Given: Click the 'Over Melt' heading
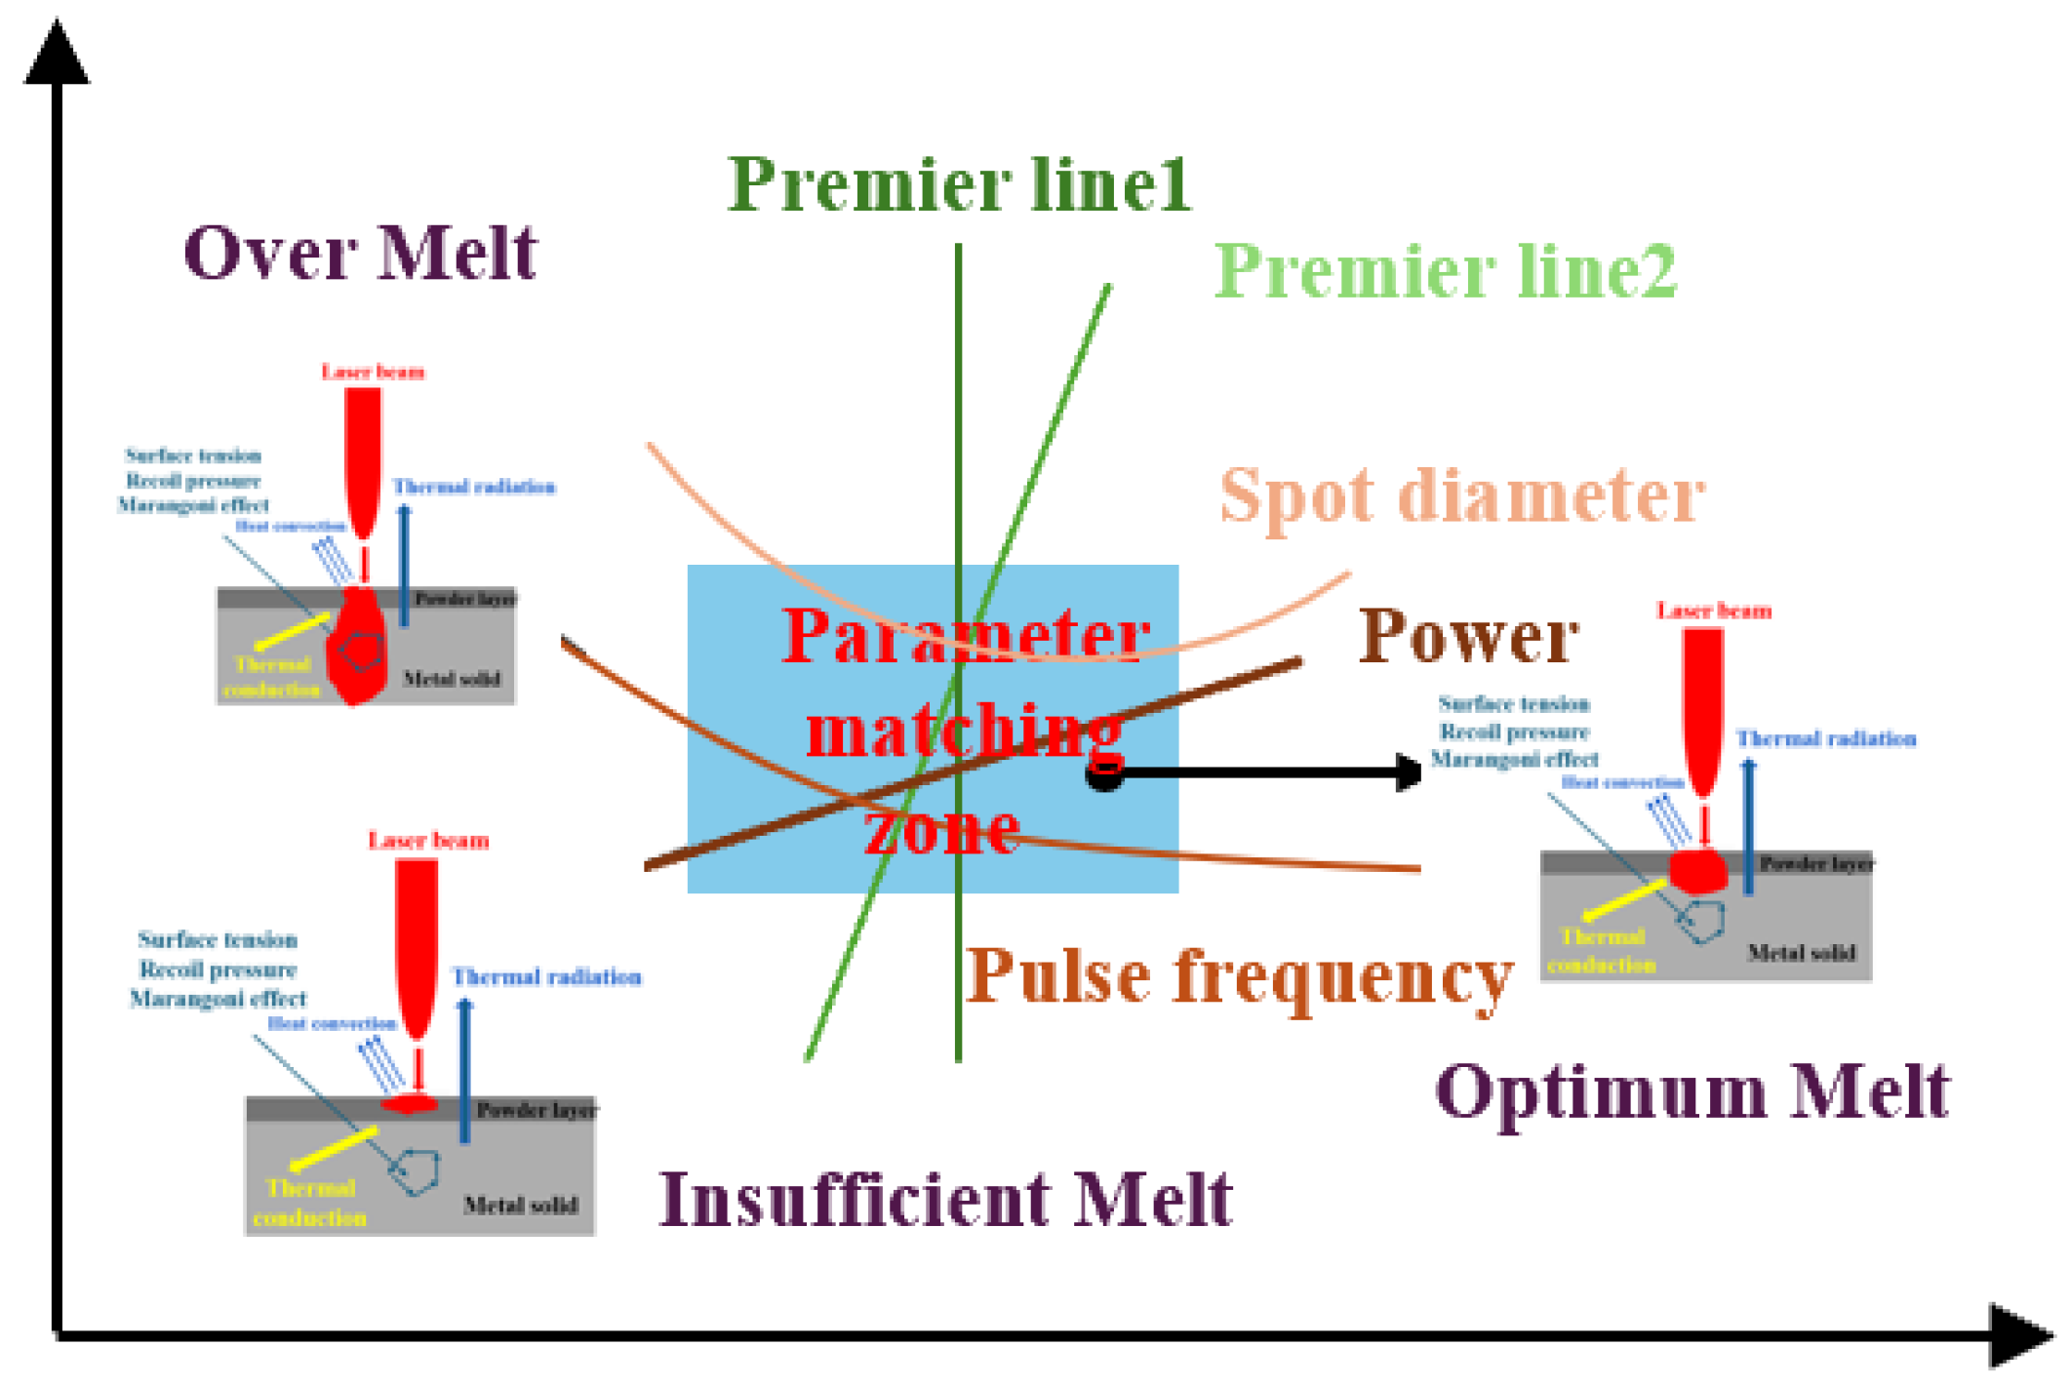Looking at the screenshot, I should [x=360, y=254].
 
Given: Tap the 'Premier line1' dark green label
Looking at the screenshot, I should [x=959, y=185].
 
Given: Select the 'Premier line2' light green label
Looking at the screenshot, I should [x=1445, y=271].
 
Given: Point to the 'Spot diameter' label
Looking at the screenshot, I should [x=1461, y=496].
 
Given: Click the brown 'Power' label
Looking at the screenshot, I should [x=1468, y=637].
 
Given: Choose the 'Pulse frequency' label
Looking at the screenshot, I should [x=1239, y=977].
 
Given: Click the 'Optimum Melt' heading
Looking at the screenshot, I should [x=1692, y=1092].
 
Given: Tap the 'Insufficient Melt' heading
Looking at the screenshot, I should [x=945, y=1200].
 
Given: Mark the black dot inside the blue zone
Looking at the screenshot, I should [x=1104, y=776].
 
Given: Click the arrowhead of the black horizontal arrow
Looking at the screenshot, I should [x=1409, y=772].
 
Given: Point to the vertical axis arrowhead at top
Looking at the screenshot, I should [x=57, y=54].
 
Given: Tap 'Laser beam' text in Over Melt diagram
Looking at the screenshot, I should [x=373, y=372].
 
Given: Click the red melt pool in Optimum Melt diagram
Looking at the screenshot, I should [x=1698, y=871].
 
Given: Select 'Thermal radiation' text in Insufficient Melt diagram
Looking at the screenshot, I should [x=546, y=977].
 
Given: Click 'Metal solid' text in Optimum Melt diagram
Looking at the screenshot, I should [x=1801, y=953].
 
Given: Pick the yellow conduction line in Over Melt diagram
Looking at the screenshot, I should [x=291, y=631].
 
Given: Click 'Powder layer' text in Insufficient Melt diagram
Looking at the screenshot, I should [x=536, y=1111].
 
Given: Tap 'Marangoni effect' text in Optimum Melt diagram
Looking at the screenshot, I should [x=1514, y=759].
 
